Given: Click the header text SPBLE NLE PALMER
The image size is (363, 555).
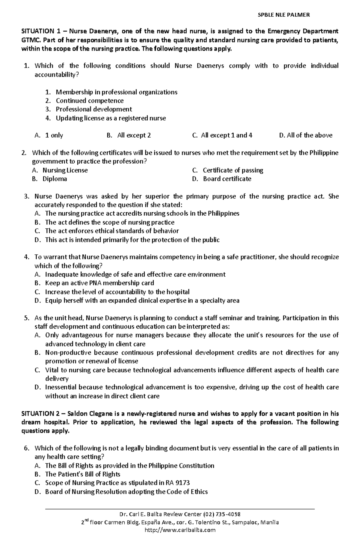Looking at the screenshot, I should point(283,15).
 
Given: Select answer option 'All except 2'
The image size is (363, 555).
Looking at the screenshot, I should point(134,135).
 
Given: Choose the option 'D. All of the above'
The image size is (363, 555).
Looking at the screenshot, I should point(306,135).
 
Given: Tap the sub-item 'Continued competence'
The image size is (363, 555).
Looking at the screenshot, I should point(90,101).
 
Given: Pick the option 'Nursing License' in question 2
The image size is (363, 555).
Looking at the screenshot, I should point(65,170).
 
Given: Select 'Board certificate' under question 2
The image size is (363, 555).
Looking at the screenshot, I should point(227,179).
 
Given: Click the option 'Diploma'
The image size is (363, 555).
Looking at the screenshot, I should point(55,179).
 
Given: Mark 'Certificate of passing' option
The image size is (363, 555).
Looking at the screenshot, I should point(233,170).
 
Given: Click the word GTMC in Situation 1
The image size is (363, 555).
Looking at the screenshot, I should point(29,40).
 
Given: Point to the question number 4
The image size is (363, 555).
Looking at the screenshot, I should point(26,257).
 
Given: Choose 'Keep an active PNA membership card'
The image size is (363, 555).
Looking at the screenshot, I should point(100,283).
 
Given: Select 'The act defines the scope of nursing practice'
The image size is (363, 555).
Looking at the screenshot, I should point(110,222).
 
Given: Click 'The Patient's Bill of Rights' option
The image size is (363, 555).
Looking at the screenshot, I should point(83,474).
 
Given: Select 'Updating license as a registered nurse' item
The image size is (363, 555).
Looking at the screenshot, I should point(111,118).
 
